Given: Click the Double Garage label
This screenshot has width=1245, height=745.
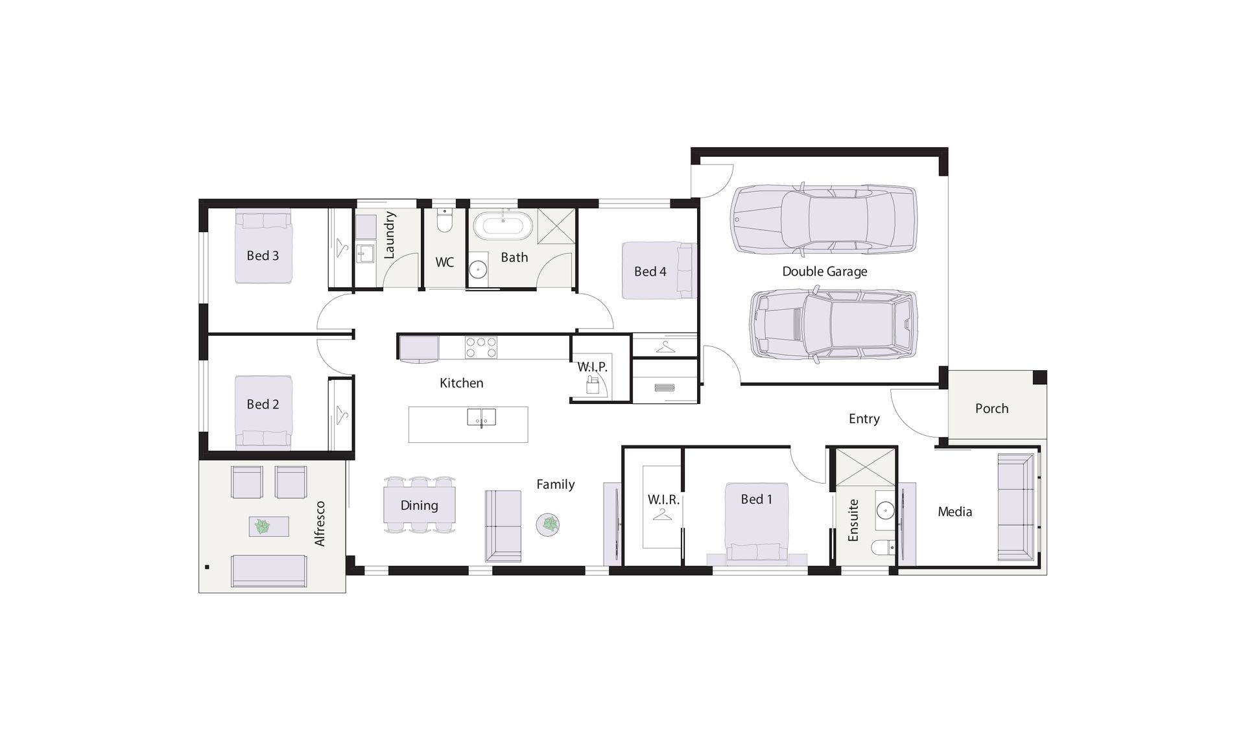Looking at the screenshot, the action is point(824,272).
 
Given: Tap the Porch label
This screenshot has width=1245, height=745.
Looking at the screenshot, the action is point(991,408).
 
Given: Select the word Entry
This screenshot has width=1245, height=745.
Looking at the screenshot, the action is point(864,419).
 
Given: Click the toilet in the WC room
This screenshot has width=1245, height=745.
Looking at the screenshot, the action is point(444,220).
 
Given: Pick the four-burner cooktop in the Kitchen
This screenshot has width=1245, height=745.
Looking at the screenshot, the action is point(481,348).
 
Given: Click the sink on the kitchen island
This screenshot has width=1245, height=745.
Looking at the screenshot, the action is point(481,418).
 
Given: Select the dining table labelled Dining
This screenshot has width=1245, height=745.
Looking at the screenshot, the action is point(420,505).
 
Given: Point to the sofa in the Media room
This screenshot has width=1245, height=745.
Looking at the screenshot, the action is point(1015,507).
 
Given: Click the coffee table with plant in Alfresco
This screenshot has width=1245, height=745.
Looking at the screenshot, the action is point(268,526).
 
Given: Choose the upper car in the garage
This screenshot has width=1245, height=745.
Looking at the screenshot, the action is point(824,219).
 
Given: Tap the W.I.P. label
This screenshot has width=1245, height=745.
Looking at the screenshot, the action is point(592,367).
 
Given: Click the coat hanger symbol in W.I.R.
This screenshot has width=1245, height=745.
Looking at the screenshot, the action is point(662,514).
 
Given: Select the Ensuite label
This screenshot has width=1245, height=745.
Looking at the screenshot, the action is point(853,520).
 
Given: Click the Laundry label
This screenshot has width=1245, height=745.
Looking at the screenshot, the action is point(389,235).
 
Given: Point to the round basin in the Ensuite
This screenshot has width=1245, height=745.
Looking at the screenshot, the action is point(885,512).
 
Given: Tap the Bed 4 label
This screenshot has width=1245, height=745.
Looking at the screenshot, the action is point(650,272).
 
